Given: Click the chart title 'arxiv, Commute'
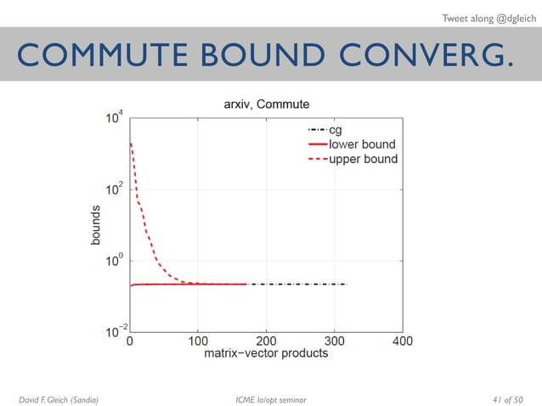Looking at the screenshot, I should click(x=260, y=104).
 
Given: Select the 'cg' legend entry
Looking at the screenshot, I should click(x=336, y=130).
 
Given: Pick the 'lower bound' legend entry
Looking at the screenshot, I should click(x=361, y=144).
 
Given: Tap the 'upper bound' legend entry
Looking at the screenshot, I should click(x=362, y=159).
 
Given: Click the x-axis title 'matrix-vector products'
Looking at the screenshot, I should click(x=266, y=353).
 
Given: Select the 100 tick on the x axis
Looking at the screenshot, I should click(x=198, y=341).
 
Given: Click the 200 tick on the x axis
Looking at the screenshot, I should click(x=266, y=341).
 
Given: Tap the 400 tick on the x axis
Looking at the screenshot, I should click(x=402, y=341).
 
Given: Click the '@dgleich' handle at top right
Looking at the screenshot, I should click(x=502, y=14).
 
